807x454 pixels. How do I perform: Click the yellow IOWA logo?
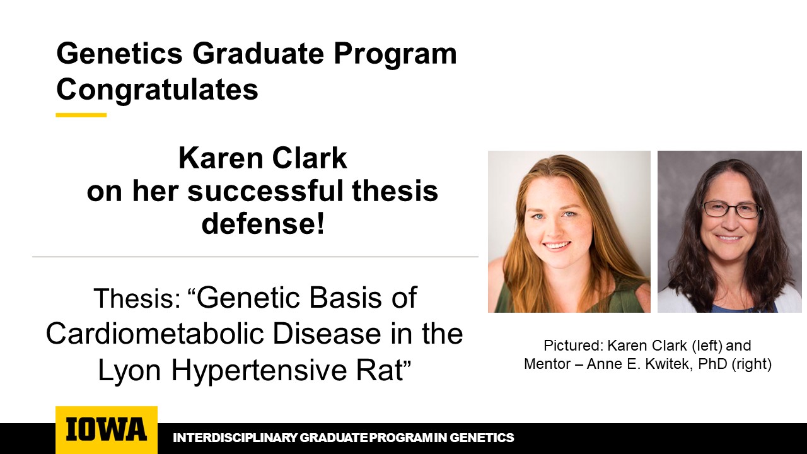(106, 429)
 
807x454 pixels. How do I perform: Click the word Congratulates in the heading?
(157, 90)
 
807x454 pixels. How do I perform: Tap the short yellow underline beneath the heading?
(81, 115)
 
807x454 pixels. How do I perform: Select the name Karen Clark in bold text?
(262, 159)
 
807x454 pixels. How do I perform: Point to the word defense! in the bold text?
(262, 224)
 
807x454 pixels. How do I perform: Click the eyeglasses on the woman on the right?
(731, 210)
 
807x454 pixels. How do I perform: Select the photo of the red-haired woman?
(569, 231)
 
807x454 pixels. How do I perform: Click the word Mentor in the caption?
(546, 364)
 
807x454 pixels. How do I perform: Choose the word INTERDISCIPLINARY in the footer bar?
(235, 438)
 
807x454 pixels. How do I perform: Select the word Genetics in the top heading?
(120, 54)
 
